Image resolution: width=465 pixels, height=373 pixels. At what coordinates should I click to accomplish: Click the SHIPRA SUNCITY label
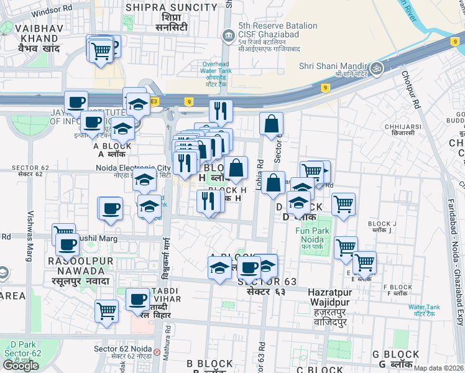click(x=172, y=7)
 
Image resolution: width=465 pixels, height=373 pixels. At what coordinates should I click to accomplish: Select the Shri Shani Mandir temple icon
click(x=376, y=67)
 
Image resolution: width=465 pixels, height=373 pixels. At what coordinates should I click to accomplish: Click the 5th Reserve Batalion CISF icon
click(x=229, y=33)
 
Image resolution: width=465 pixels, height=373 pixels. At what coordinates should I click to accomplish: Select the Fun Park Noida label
click(x=311, y=234)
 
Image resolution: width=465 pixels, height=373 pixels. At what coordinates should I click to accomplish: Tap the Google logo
click(x=21, y=365)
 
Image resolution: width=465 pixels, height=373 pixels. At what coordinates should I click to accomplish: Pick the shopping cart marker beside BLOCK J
click(x=343, y=203)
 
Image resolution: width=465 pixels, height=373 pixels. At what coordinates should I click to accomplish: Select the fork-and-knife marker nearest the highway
click(x=221, y=111)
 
